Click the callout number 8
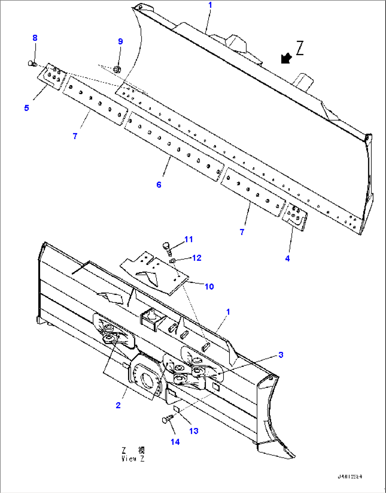click(x=35, y=38)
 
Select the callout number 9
click(x=120, y=41)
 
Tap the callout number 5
click(x=27, y=108)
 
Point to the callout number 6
click(x=159, y=184)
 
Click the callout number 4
click(x=287, y=259)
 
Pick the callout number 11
click(x=188, y=239)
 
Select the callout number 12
click(x=197, y=258)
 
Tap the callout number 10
click(x=209, y=286)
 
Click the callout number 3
click(x=280, y=355)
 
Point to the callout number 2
click(x=118, y=405)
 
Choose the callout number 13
click(x=194, y=431)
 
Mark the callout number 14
click(x=175, y=442)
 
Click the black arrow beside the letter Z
click(x=286, y=58)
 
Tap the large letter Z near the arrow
click(x=300, y=48)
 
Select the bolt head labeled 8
click(x=32, y=63)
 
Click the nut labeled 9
click(x=117, y=68)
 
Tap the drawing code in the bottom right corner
click(x=350, y=477)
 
